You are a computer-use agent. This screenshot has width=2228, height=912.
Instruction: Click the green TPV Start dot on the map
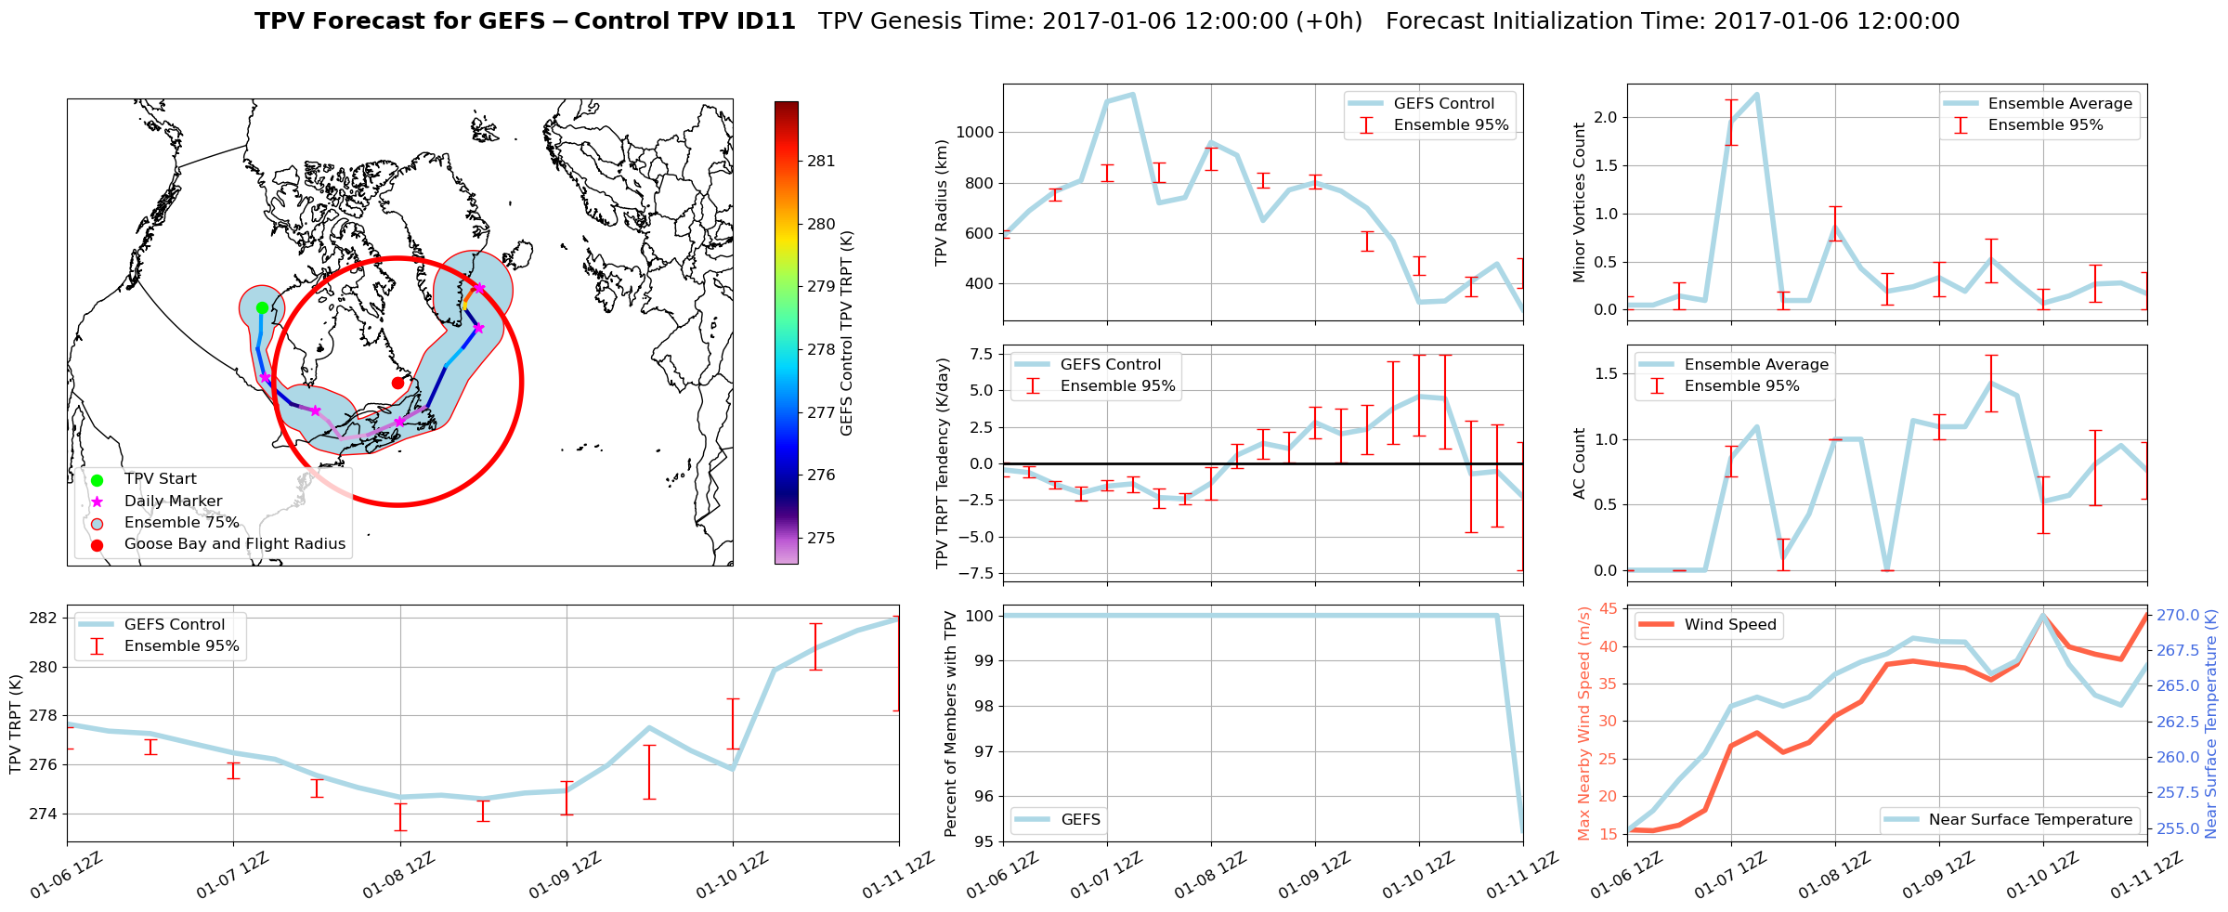pyautogui.click(x=262, y=307)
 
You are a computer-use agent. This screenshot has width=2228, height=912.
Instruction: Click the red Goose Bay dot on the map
pyautogui.click(x=397, y=383)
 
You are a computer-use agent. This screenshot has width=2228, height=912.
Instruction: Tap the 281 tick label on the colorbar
pyautogui.click(x=821, y=162)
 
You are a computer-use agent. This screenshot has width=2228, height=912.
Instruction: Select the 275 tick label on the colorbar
pyautogui.click(x=821, y=539)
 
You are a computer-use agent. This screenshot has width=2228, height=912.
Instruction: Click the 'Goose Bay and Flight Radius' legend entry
pyautogui.click(x=234, y=544)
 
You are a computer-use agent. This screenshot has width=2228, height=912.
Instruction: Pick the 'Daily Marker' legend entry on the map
pyautogui.click(x=173, y=502)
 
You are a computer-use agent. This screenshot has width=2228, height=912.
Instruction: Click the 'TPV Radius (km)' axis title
pyautogui.click(x=942, y=202)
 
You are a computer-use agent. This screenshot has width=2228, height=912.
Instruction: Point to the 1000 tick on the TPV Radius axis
pyautogui.click(x=975, y=133)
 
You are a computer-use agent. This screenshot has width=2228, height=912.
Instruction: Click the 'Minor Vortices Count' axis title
pyautogui.click(x=1580, y=202)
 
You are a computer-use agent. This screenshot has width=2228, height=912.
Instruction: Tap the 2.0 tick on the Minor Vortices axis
pyautogui.click(x=1605, y=118)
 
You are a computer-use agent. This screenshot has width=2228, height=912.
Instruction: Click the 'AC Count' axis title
pyautogui.click(x=1580, y=463)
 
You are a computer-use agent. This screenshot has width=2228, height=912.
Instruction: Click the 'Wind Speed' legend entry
pyautogui.click(x=1730, y=625)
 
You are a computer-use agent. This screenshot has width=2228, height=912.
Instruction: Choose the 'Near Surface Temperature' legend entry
pyautogui.click(x=2030, y=820)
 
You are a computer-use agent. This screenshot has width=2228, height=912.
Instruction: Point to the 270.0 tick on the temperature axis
pyautogui.click(x=2178, y=616)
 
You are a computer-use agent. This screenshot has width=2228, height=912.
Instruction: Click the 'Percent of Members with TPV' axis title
pyautogui.click(x=950, y=723)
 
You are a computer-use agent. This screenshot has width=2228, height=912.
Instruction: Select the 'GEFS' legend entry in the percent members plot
pyautogui.click(x=1080, y=820)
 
